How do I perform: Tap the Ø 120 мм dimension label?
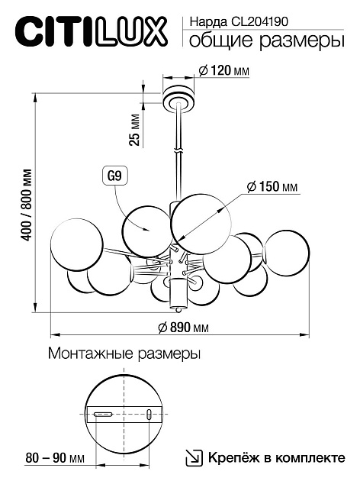223,70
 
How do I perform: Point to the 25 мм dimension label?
134,129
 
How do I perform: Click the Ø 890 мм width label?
182,328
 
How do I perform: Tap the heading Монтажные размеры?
124,355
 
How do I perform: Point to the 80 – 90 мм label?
54,458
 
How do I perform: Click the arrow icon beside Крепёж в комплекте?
194,458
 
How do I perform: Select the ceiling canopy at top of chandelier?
178,98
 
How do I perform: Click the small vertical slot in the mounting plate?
149,415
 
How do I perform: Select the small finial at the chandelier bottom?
179,309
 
